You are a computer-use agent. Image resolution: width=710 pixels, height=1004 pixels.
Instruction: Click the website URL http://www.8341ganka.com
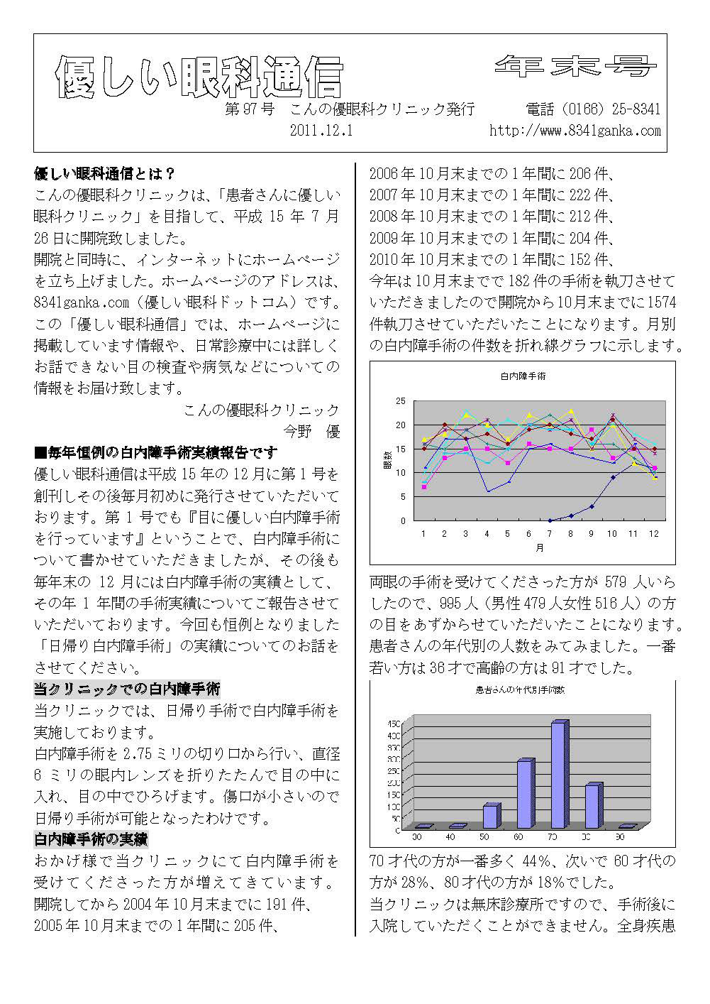point(575,131)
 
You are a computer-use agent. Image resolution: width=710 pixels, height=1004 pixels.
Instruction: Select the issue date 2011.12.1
point(321,131)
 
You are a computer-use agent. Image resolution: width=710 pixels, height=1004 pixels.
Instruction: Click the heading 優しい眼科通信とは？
point(105,173)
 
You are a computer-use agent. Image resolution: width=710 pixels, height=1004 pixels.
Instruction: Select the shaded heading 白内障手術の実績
point(91,839)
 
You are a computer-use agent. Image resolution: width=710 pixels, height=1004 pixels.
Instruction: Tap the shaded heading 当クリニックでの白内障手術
point(127,689)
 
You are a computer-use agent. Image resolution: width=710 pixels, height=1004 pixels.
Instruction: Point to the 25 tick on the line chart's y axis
point(401,401)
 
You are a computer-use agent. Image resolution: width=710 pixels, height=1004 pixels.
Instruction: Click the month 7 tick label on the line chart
point(550,533)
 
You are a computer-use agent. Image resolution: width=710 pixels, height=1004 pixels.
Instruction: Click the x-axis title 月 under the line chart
point(540,548)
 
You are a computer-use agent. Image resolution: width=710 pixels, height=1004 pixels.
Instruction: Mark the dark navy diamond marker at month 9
point(592,506)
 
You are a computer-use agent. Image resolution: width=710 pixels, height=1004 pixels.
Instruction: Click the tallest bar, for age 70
point(558,775)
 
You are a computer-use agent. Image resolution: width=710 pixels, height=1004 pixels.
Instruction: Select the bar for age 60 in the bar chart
point(525,794)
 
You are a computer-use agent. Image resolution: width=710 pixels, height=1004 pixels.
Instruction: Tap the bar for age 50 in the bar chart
point(490,817)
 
